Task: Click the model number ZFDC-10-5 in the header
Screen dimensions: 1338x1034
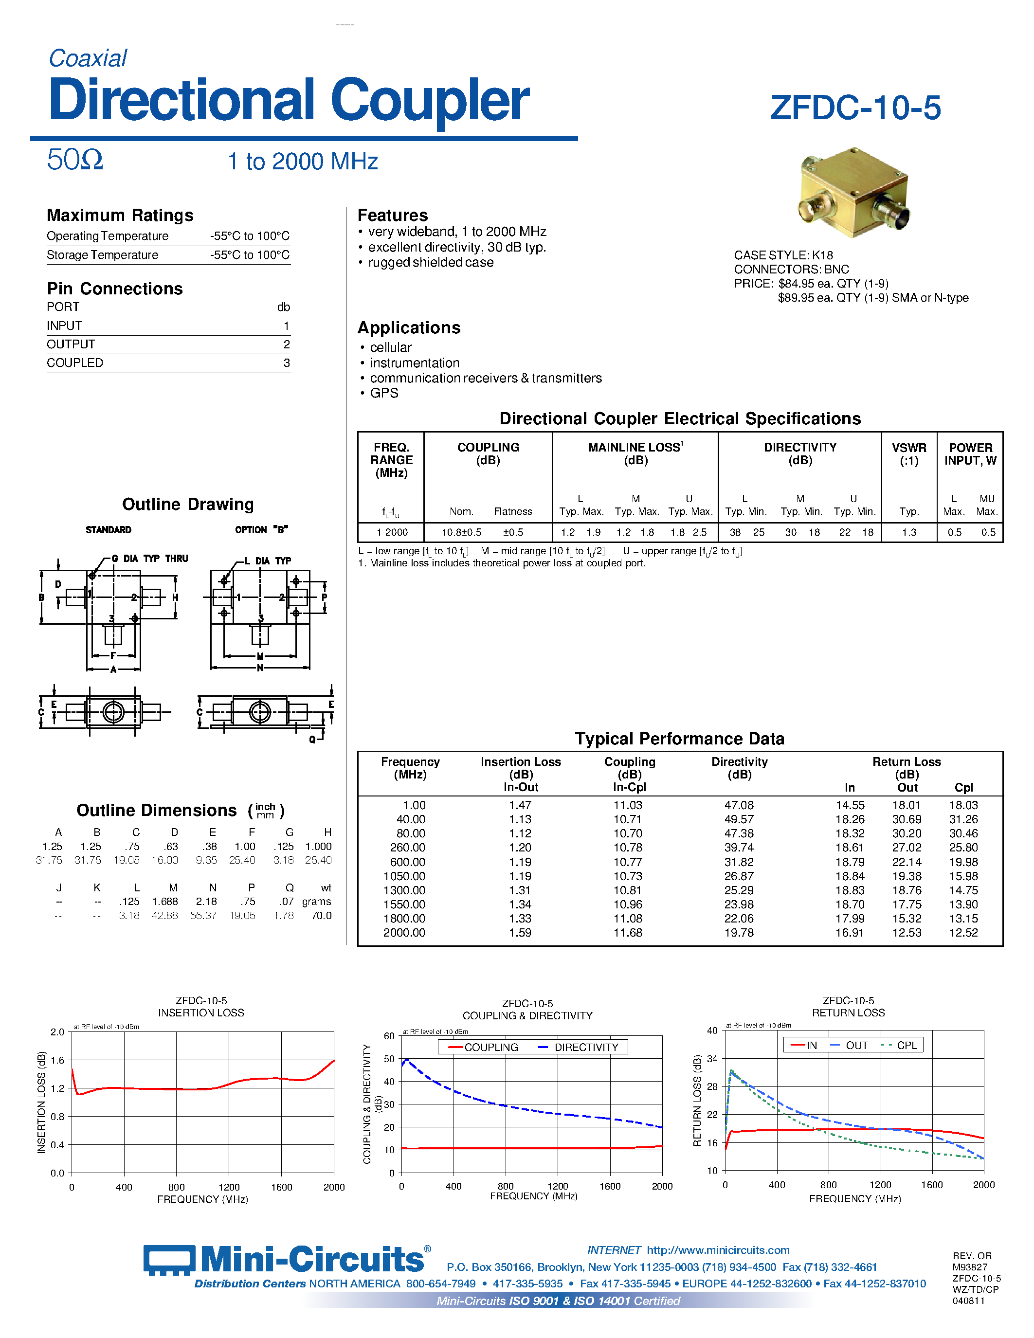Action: tap(855, 108)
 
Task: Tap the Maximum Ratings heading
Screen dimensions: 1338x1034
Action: tap(120, 216)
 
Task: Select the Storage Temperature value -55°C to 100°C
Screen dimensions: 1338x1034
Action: tap(249, 255)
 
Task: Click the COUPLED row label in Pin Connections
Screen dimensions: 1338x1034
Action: tap(75, 362)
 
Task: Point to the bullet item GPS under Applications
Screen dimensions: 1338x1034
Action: tap(384, 393)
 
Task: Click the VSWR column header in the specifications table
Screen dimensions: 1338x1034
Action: tap(908, 454)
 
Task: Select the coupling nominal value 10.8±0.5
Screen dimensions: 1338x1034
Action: tap(461, 532)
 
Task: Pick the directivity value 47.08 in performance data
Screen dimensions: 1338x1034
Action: tap(739, 805)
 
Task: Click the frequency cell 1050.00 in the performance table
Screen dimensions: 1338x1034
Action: tap(404, 876)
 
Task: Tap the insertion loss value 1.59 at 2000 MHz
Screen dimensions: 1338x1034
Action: tap(520, 932)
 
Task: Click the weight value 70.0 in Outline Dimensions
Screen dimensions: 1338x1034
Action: tap(321, 915)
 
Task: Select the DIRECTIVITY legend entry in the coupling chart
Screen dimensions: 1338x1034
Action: tap(585, 1047)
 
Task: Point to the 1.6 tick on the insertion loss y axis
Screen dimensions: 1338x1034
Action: tap(57, 1060)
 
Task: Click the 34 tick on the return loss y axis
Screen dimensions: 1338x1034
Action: tap(712, 1059)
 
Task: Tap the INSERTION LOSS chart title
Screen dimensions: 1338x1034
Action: tap(201, 1013)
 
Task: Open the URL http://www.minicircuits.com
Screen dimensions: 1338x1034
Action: tap(718, 1250)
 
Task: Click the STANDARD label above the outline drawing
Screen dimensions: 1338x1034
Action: tap(109, 530)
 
